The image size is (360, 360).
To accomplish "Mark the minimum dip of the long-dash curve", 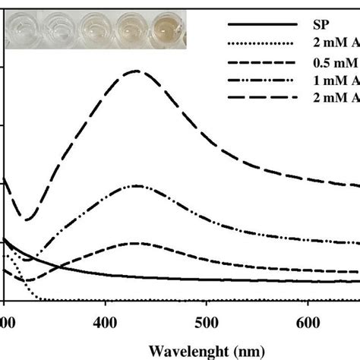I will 27,220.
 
